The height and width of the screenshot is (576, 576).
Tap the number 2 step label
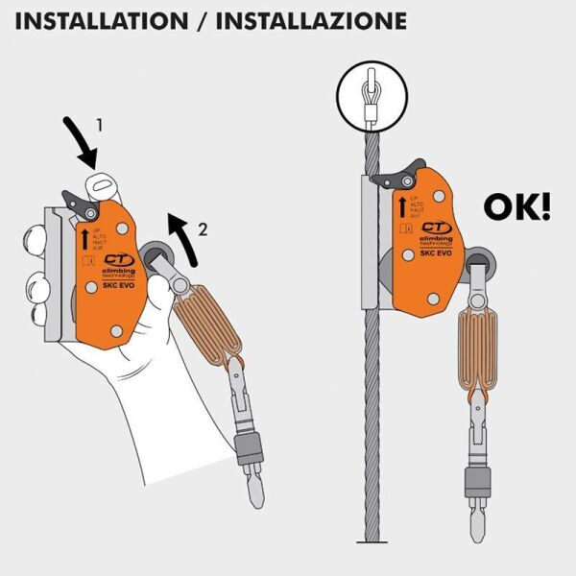coord(202,228)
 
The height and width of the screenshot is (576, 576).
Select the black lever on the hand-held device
coord(76,199)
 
